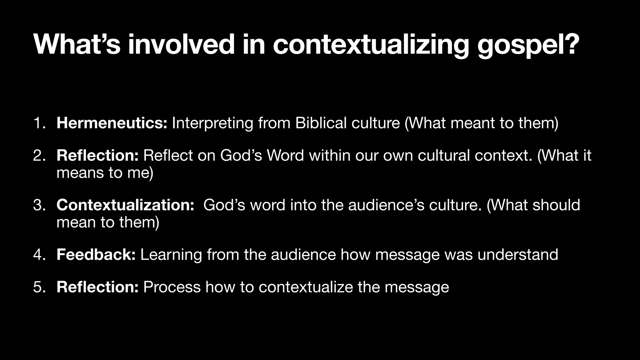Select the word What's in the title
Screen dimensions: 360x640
(77, 44)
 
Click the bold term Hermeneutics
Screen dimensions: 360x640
(112, 123)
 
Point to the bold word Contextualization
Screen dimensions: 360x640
(125, 205)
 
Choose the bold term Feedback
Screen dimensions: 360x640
(96, 254)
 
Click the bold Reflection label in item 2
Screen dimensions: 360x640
(97, 155)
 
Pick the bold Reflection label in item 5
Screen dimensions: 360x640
(97, 287)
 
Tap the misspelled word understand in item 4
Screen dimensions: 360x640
(517, 254)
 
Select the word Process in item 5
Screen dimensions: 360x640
(172, 287)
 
